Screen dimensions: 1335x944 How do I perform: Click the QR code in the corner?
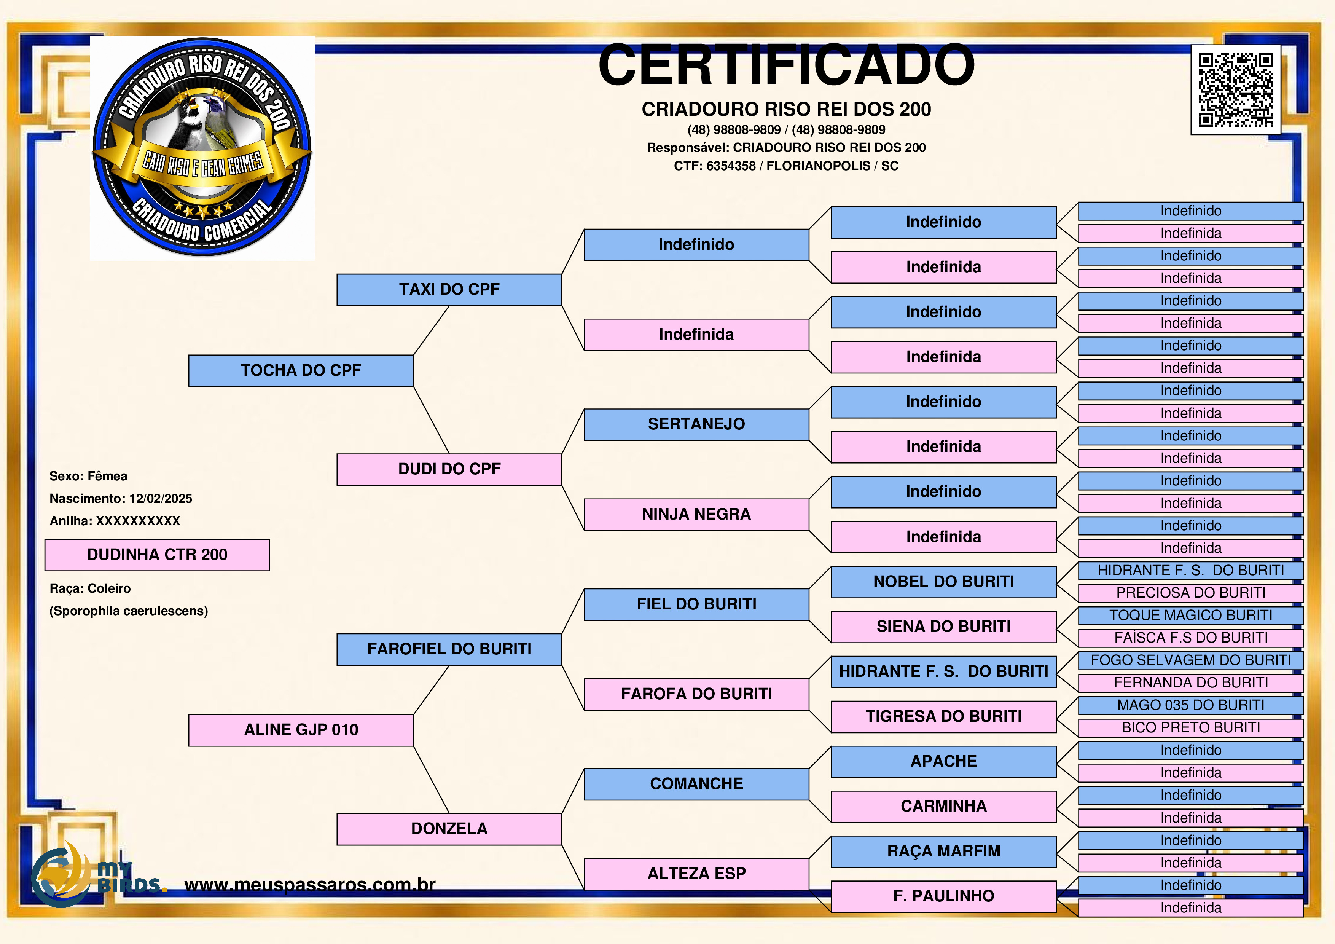click(x=1236, y=90)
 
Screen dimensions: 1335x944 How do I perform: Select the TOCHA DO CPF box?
click(x=301, y=370)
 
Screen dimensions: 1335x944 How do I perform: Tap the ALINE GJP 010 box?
click(x=301, y=730)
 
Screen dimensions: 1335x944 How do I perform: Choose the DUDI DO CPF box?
click(x=449, y=469)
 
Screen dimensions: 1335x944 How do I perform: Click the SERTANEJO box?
click(x=696, y=424)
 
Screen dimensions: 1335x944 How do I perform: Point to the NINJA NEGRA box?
click(x=696, y=514)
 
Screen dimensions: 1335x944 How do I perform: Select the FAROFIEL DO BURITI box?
click(x=449, y=649)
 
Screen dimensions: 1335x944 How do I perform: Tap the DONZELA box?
click(x=449, y=829)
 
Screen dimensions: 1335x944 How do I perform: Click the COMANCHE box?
click(x=696, y=784)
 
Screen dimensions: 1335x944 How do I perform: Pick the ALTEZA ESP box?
click(x=696, y=874)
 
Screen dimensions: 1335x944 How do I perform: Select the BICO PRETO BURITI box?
click(x=1190, y=728)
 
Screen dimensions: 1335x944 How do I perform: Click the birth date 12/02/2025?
click(x=161, y=499)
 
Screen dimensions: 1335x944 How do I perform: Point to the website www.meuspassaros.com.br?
click(x=310, y=885)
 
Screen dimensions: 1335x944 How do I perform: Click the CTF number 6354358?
click(x=731, y=166)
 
